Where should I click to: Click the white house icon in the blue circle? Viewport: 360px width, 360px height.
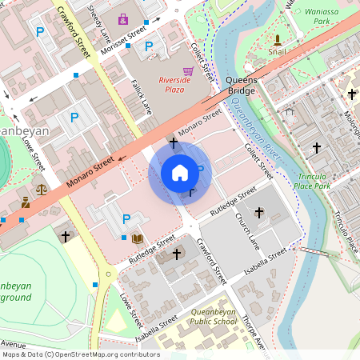click(180, 173)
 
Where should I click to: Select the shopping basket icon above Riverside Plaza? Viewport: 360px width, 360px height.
click(187, 71)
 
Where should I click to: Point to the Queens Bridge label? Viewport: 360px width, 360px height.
click(240, 86)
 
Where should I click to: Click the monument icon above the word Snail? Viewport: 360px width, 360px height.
click(278, 39)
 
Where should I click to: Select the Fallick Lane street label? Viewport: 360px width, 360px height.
click(141, 95)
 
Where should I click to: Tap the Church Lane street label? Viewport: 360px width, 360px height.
click(248, 230)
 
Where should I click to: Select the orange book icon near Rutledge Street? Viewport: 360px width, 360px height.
click(138, 238)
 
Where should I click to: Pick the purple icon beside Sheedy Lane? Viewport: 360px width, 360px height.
click(122, 18)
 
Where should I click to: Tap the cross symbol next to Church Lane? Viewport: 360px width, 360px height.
click(258, 212)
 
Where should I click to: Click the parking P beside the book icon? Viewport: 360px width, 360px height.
click(126, 218)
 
